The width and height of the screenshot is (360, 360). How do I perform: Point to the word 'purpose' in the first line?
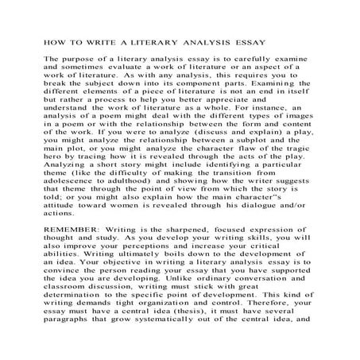(x=79, y=60)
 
